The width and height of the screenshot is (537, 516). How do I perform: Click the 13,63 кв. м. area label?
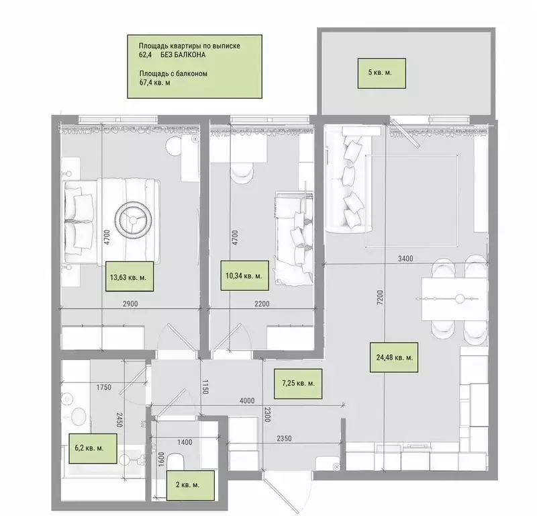tap(129, 276)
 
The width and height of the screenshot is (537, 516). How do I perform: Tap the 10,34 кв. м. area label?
tap(244, 275)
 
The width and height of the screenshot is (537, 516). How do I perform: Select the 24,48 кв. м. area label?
tap(394, 357)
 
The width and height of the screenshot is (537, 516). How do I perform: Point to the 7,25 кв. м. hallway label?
tap(298, 384)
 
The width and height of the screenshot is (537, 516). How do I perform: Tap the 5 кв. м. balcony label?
tap(382, 73)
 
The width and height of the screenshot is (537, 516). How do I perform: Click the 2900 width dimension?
tap(130, 304)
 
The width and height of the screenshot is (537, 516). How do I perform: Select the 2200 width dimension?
tap(262, 304)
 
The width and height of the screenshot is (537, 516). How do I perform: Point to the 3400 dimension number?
tap(405, 259)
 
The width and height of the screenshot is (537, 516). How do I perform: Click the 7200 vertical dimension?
tap(380, 298)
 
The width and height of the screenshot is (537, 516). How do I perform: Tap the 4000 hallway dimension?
tap(247, 401)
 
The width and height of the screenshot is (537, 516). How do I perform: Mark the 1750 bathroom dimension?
tap(104, 388)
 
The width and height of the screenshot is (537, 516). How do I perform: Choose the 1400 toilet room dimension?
tap(185, 442)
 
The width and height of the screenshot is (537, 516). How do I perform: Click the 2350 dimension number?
tap(284, 438)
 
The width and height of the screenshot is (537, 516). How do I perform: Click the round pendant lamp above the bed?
tap(133, 220)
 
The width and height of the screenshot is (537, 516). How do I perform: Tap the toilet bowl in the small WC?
tap(177, 461)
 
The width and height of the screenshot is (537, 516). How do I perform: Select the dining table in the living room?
tap(454, 299)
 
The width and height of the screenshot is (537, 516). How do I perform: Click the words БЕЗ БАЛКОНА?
tap(183, 55)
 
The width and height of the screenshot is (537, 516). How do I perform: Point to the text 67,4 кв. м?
tap(155, 83)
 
